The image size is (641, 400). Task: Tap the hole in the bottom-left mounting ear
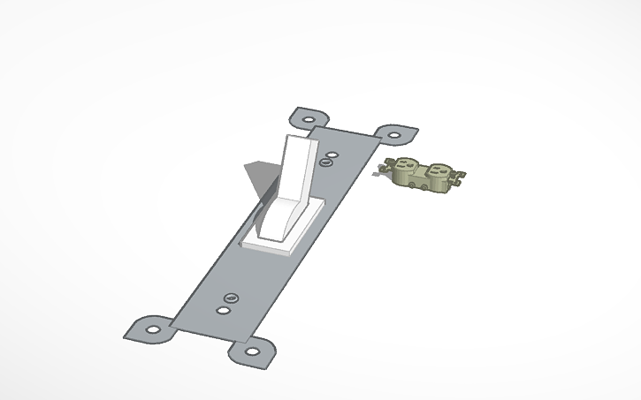[153, 329]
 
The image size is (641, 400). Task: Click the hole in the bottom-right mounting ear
[252, 351]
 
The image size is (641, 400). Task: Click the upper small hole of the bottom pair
[232, 298]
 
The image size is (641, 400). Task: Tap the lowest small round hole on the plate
[224, 310]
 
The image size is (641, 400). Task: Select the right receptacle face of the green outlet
[438, 170]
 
